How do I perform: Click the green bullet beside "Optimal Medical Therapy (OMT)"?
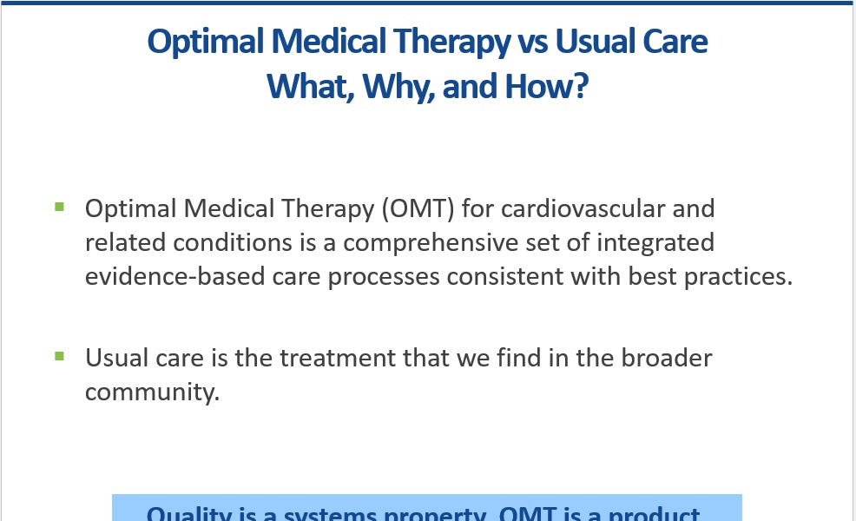pyautogui.click(x=59, y=207)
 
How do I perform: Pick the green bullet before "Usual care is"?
pyautogui.click(x=59, y=356)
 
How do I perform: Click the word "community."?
pyautogui.click(x=153, y=392)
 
